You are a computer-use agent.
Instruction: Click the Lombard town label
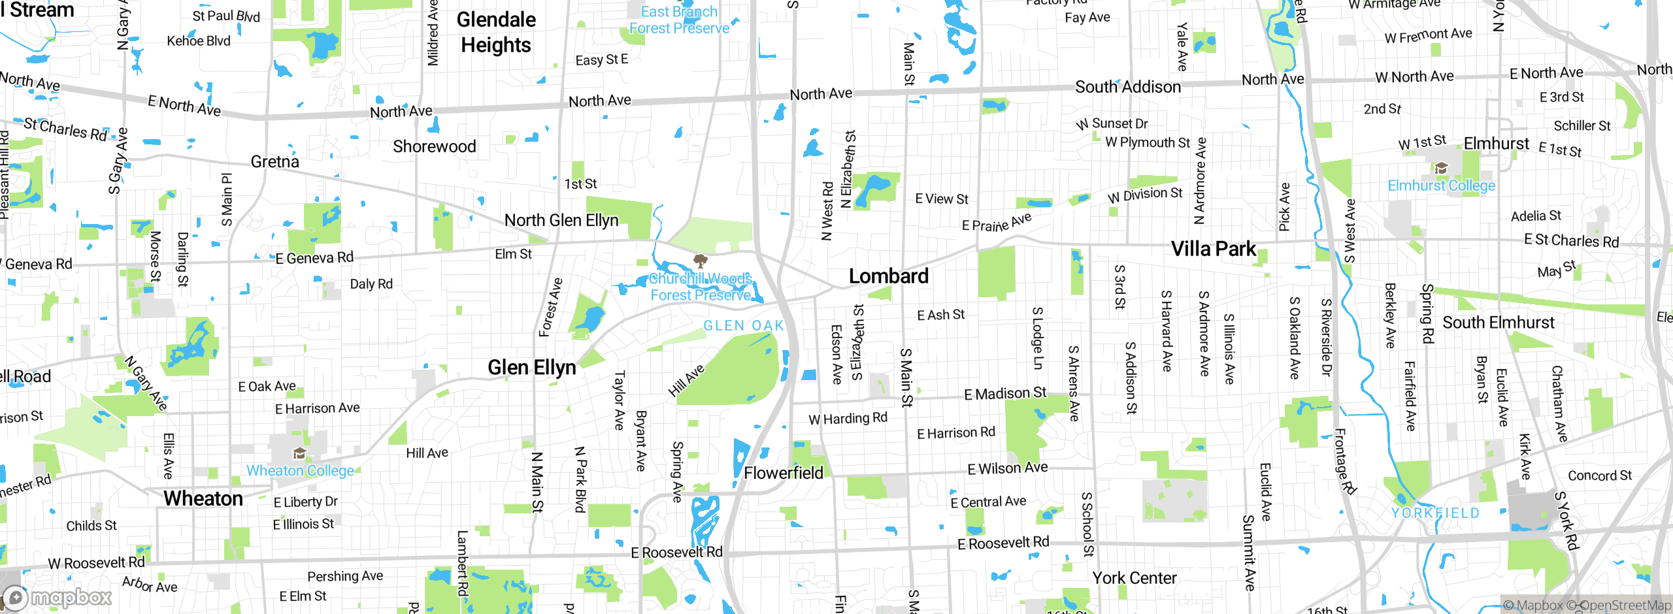(888, 276)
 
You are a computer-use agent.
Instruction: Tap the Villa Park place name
(1213, 249)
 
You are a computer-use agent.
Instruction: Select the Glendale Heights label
(496, 32)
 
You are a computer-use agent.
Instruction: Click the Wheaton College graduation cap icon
(299, 453)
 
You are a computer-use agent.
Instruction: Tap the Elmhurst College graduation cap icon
(1441, 169)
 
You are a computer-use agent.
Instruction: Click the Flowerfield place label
(784, 473)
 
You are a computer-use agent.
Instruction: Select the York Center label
(1135, 578)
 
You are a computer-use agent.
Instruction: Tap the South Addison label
(1128, 87)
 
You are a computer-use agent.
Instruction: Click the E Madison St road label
(1005, 393)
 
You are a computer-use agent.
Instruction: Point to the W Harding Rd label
(848, 418)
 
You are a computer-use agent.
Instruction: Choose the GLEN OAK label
(743, 325)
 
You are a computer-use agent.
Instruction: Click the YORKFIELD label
(1435, 513)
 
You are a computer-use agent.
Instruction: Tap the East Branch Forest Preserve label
(679, 20)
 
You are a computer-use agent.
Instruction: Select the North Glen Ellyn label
(561, 221)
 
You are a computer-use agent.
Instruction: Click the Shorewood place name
(435, 146)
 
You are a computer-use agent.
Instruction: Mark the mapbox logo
(58, 598)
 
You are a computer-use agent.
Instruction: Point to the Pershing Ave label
(345, 576)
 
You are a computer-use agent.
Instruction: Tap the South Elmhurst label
(1499, 323)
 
